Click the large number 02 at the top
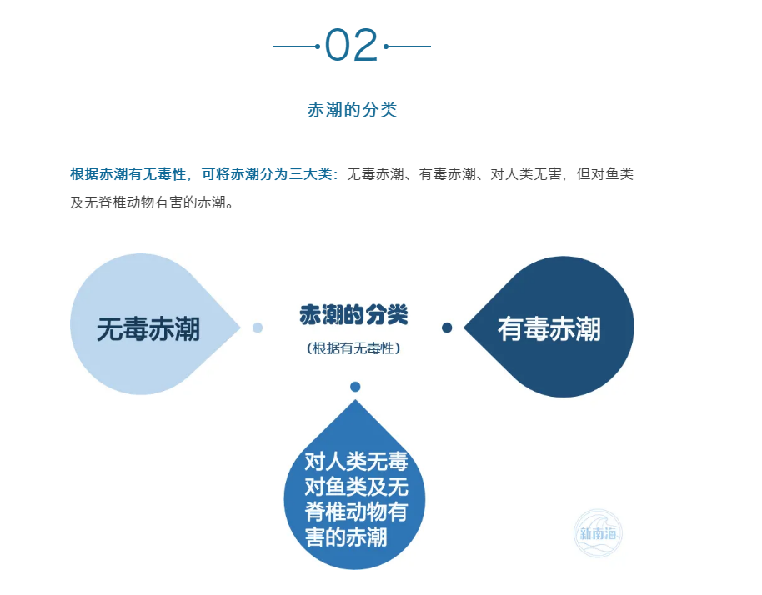(x=351, y=45)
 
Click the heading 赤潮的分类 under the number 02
(x=353, y=110)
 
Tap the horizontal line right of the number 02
(x=407, y=47)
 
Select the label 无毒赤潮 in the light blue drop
(x=148, y=329)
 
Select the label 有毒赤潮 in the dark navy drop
(x=549, y=329)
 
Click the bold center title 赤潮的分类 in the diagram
(x=353, y=315)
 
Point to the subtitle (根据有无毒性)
(x=353, y=348)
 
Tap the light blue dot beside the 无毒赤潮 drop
(x=258, y=327)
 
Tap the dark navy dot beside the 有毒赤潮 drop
(x=447, y=327)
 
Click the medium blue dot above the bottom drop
(x=355, y=387)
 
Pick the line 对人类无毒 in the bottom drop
(x=356, y=462)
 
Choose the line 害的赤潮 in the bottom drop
(x=346, y=537)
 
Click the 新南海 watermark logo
(x=598, y=533)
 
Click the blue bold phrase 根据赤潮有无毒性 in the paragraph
(x=128, y=174)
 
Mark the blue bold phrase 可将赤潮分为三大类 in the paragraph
(x=268, y=174)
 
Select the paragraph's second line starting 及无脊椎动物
(x=152, y=202)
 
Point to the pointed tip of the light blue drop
(x=240, y=327)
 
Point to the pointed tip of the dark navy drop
(x=464, y=327)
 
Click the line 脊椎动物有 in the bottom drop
(x=356, y=512)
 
